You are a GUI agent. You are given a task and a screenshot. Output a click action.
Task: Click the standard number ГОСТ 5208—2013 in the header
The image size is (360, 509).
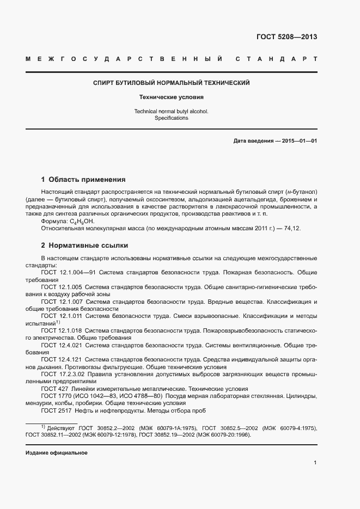pyautogui.click(x=286, y=37)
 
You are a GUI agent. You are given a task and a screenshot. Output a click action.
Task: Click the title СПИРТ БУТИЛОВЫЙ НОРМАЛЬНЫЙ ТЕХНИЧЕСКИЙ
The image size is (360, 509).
pyautogui.click(x=172, y=83)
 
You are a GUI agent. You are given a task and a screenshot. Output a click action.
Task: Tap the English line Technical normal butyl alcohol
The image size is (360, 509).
pyautogui.click(x=172, y=111)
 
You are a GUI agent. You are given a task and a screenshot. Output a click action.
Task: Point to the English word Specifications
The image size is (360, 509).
pyautogui.click(x=172, y=118)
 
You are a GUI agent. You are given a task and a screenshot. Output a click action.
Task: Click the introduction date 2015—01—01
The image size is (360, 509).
pyautogui.click(x=300, y=141)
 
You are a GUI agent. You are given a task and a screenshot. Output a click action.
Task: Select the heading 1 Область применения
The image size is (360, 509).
pyautogui.click(x=83, y=179)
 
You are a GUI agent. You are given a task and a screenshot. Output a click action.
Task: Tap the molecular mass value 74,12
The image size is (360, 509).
pyautogui.click(x=309, y=229)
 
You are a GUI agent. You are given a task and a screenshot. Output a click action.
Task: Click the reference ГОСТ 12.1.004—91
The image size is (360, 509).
pyautogui.click(x=69, y=272)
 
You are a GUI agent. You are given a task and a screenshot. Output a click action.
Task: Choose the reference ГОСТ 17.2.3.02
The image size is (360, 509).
pyautogui.click(x=62, y=375)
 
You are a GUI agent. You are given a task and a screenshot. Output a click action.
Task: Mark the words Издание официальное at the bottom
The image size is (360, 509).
pyautogui.click(x=56, y=453)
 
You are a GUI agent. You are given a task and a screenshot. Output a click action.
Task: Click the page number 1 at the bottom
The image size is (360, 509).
pyautogui.click(x=315, y=463)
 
